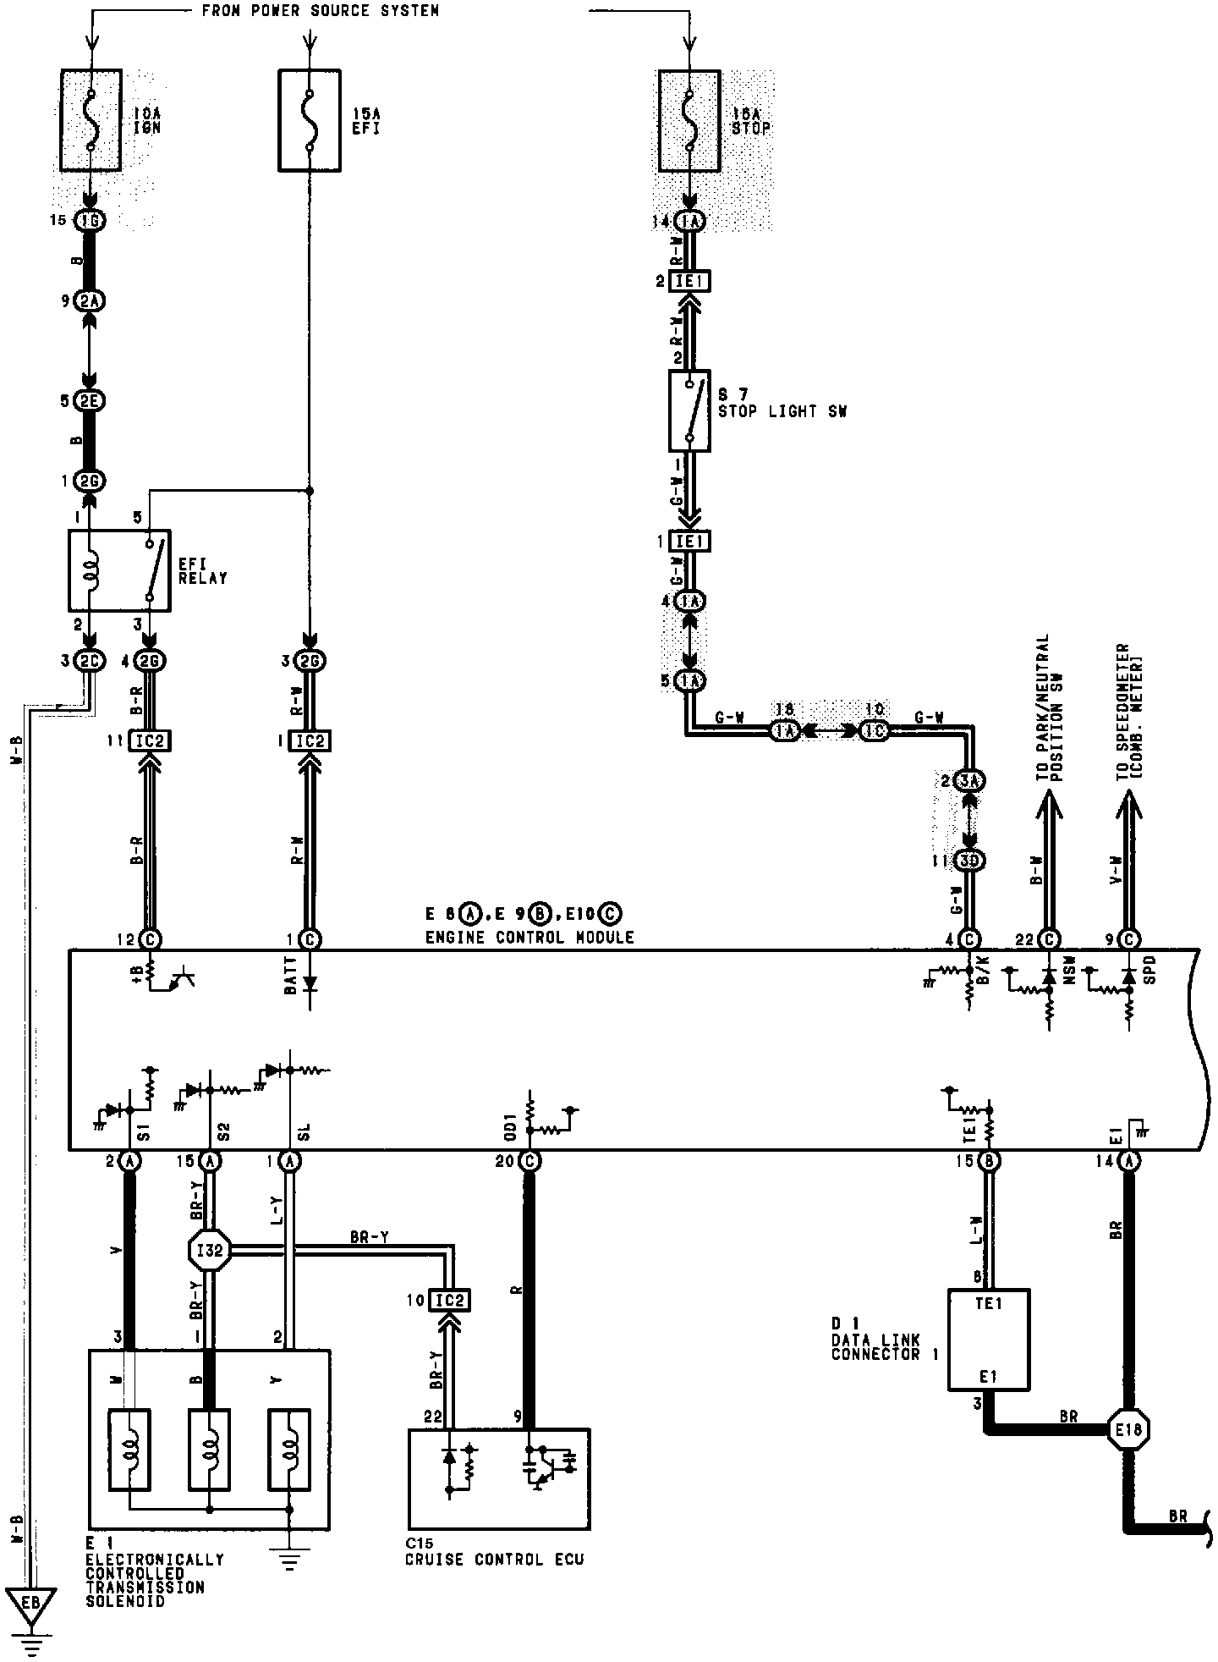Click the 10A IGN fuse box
91,120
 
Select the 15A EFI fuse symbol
310,120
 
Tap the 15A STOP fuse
689,120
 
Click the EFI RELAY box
118,570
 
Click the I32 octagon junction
209,1249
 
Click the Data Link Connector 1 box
988,1340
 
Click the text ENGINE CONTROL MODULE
529,937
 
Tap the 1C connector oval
875,730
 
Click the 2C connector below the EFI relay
90,661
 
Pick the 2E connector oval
90,401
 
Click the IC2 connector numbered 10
449,1300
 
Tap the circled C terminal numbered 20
530,1161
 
